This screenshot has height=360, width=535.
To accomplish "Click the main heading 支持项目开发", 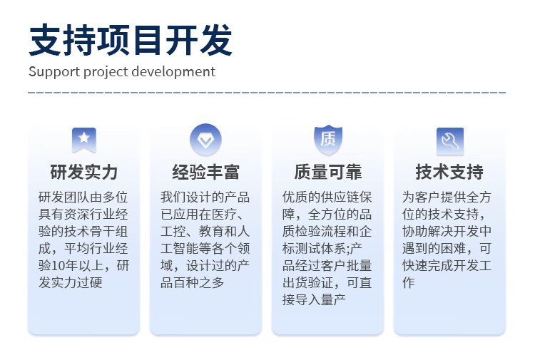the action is [131, 40].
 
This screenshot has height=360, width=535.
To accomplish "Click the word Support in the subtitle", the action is [54, 72].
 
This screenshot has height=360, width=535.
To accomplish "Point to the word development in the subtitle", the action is [173, 72].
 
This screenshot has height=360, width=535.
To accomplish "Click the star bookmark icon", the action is [84, 140].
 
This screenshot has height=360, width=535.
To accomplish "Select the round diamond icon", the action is [205, 140].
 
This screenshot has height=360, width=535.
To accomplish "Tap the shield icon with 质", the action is [328, 140].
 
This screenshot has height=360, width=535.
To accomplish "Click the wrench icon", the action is [450, 141].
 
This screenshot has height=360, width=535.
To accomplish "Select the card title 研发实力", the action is [84, 172].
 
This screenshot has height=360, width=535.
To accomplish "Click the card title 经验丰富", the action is [205, 172].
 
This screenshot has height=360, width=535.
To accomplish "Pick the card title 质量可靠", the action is [328, 172].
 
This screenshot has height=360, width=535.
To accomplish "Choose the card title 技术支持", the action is [449, 172].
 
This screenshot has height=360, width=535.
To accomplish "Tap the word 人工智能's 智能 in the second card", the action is [186, 249].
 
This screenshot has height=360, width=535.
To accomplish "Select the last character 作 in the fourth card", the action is [409, 282].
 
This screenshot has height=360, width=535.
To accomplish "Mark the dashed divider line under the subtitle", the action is [267, 93].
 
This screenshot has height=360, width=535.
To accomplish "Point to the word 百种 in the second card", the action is [186, 282].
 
